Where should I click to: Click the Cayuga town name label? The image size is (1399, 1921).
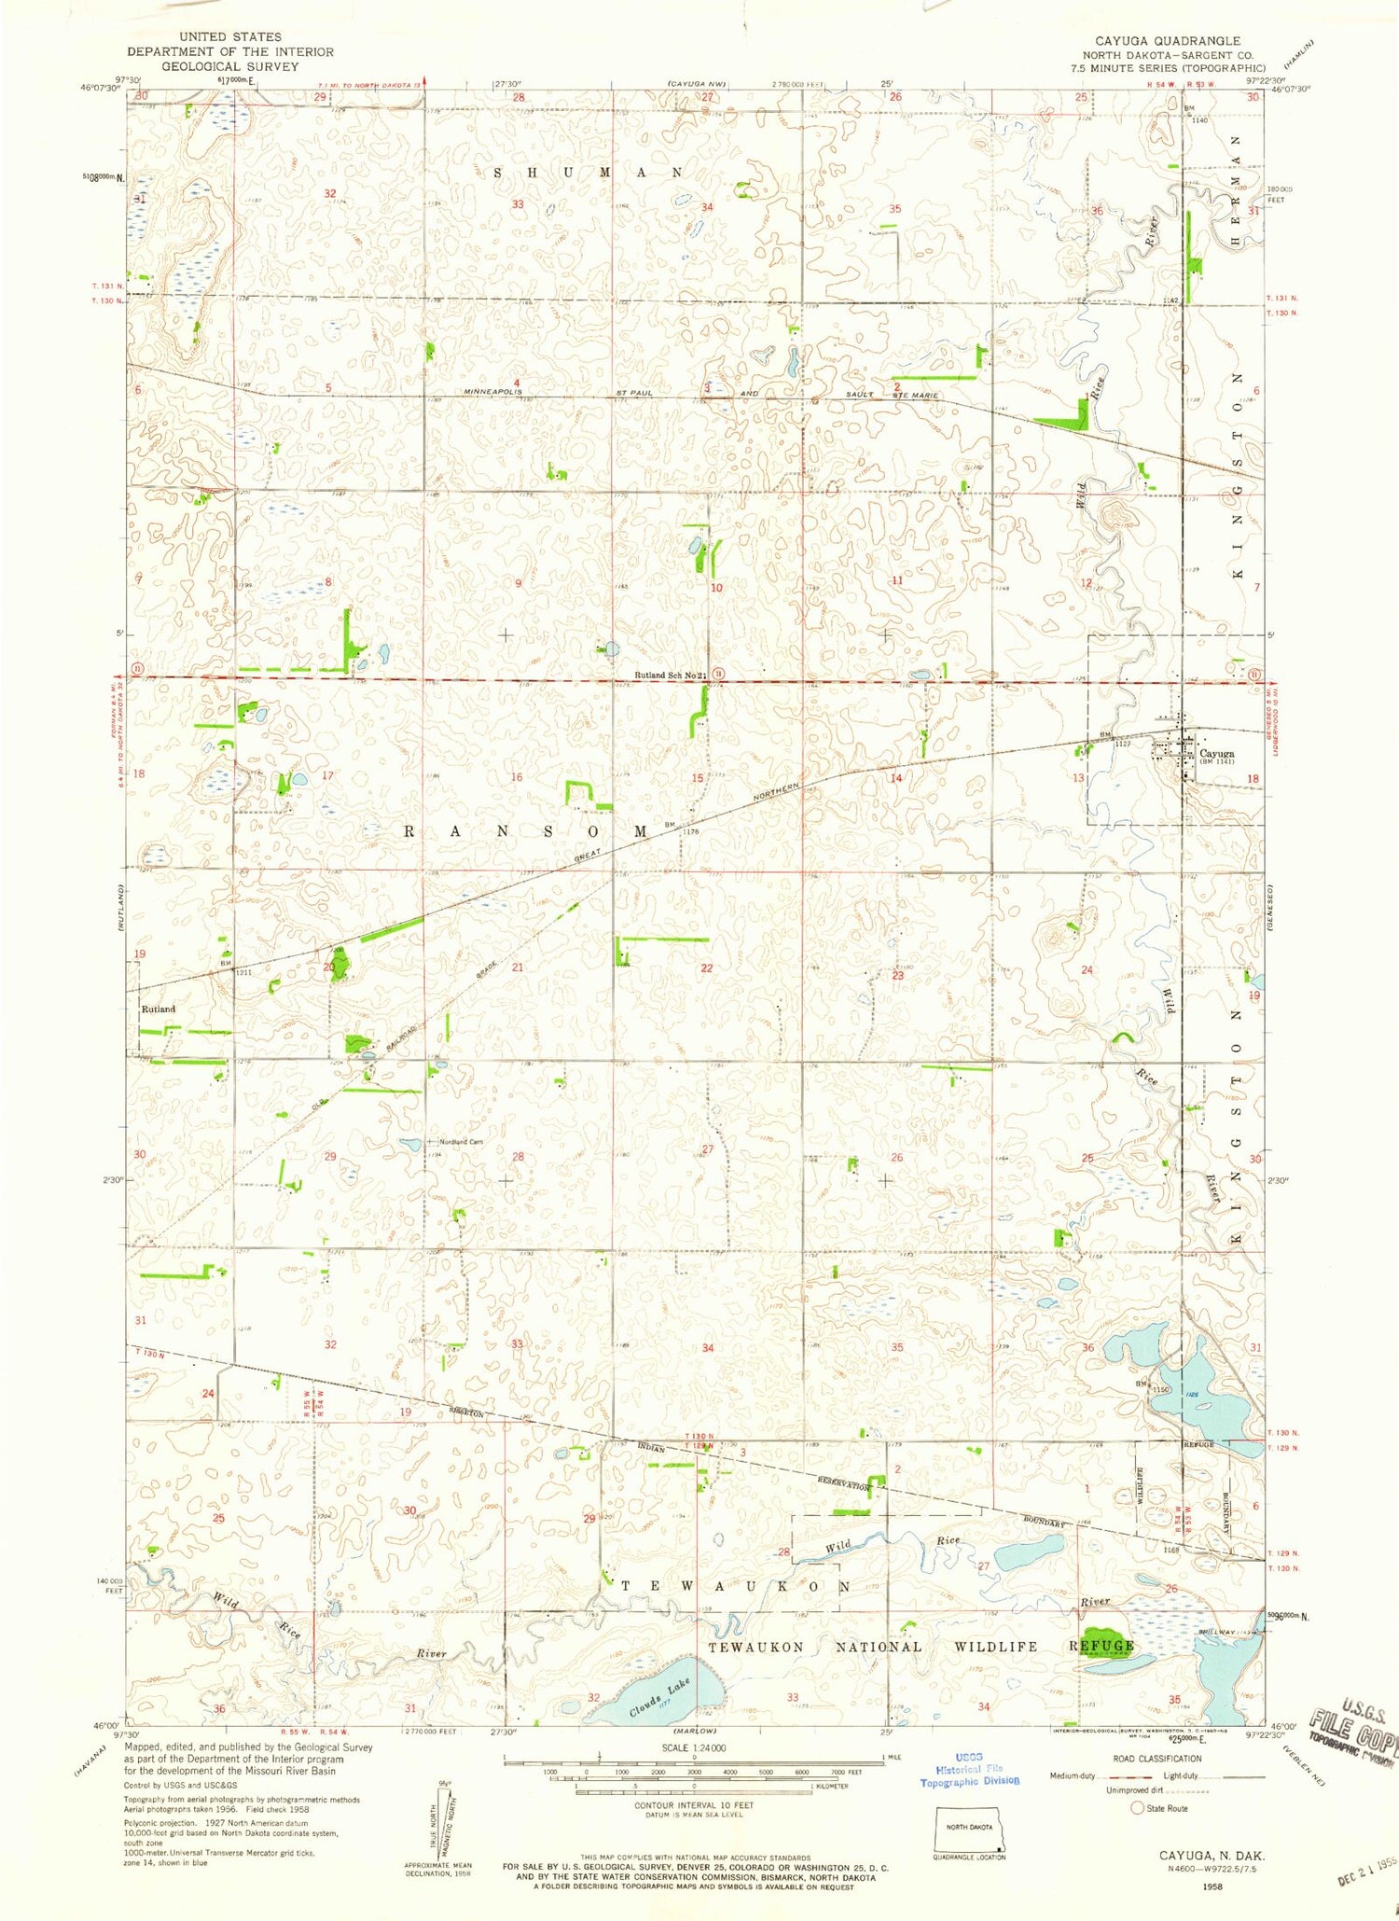1216,753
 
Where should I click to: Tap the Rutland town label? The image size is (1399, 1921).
158,1009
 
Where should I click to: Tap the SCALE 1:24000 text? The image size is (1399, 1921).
694,1747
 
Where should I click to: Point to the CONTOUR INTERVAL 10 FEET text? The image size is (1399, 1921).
694,1804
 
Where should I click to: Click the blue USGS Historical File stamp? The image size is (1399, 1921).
969,1769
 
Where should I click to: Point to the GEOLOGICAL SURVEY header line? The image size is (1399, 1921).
229,66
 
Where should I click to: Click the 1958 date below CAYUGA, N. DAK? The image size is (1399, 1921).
1212,1885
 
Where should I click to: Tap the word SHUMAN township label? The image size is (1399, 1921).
589,173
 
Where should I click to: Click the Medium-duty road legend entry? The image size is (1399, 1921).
1071,1775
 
